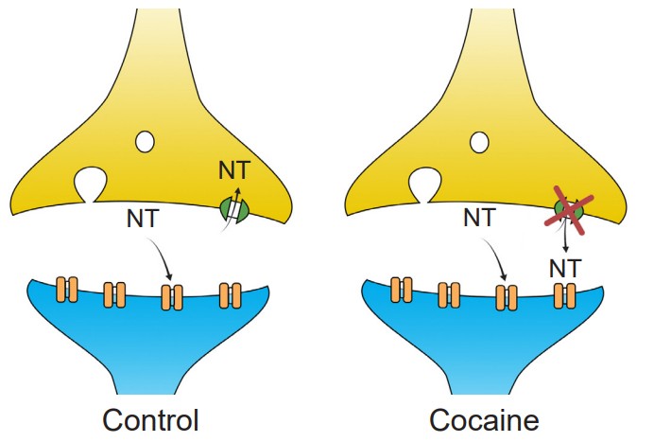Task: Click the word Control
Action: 150,418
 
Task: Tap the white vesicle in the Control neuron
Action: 146,142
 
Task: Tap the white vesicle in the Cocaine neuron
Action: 480,142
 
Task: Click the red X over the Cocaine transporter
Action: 568,210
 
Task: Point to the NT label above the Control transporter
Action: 234,170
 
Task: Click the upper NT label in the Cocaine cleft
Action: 479,219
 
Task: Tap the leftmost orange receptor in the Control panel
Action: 66,288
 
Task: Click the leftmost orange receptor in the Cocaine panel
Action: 401,288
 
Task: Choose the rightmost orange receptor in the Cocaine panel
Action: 564,295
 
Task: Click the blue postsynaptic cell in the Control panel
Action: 151,341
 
